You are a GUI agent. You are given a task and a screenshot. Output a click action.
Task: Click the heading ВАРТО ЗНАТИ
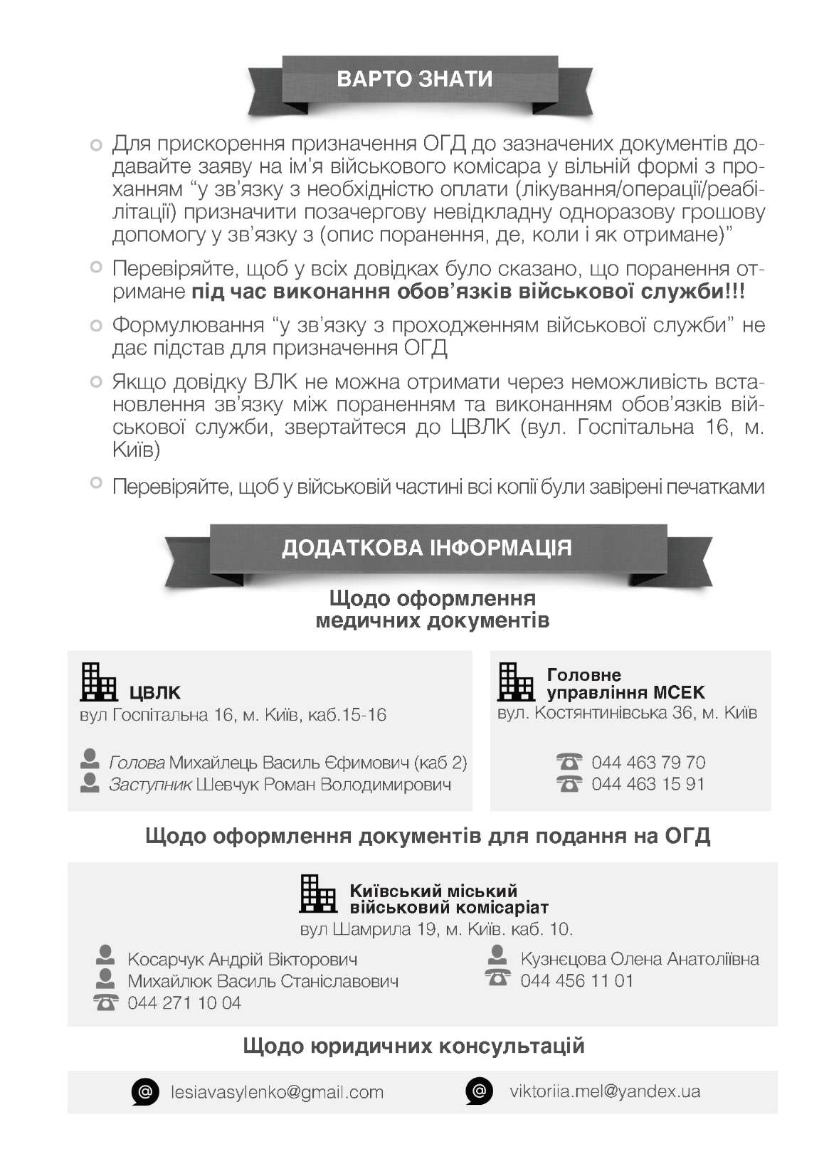click(414, 78)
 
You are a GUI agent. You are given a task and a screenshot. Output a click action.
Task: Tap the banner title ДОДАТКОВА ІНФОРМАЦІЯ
click(426, 548)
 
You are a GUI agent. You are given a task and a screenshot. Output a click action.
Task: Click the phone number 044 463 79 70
click(648, 763)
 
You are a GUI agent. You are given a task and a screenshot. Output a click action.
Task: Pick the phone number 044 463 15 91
click(648, 784)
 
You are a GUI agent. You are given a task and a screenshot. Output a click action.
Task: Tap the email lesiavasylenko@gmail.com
click(278, 1092)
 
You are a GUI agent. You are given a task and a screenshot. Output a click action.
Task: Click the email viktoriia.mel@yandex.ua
click(605, 1091)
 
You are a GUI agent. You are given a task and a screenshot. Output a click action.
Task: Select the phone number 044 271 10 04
click(184, 1003)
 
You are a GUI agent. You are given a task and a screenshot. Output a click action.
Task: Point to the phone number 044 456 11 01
click(576, 980)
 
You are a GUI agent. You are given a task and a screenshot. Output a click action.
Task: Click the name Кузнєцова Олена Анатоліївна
click(640, 959)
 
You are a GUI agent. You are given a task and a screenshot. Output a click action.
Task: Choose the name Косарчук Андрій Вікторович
click(242, 959)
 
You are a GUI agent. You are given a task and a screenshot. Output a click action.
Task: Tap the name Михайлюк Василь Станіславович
click(263, 981)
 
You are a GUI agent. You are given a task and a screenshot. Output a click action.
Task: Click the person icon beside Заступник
click(90, 783)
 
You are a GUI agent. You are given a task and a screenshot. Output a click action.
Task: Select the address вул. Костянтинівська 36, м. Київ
click(627, 712)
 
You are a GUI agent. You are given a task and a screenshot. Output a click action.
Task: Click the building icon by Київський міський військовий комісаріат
click(317, 894)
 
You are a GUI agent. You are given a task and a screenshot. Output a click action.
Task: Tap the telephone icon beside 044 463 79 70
click(569, 763)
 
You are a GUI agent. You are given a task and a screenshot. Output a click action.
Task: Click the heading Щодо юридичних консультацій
click(413, 1046)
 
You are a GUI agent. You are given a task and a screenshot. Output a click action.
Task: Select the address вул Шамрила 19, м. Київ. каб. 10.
click(436, 929)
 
